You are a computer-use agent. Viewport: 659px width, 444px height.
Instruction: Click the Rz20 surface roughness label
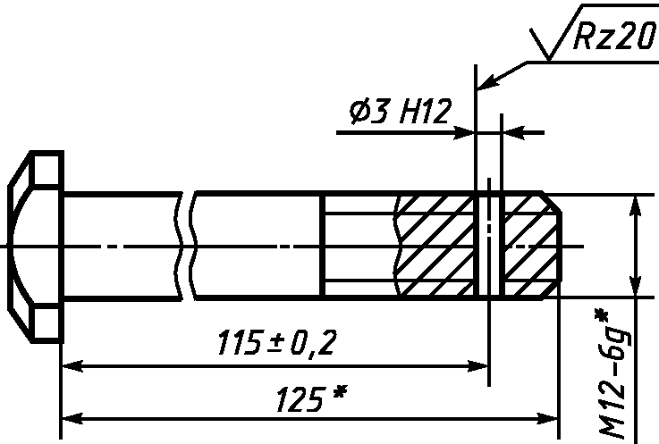pyautogui.click(x=614, y=36)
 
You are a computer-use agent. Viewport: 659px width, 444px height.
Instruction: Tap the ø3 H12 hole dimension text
pyautogui.click(x=400, y=112)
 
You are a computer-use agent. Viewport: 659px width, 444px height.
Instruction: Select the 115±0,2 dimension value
pyautogui.click(x=277, y=343)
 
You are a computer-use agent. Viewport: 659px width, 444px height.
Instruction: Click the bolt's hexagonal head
pyautogui.click(x=36, y=247)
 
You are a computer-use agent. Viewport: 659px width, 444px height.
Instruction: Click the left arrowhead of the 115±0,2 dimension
pyautogui.click(x=72, y=366)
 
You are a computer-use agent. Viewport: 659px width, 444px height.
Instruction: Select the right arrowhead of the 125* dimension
pyautogui.click(x=547, y=419)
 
